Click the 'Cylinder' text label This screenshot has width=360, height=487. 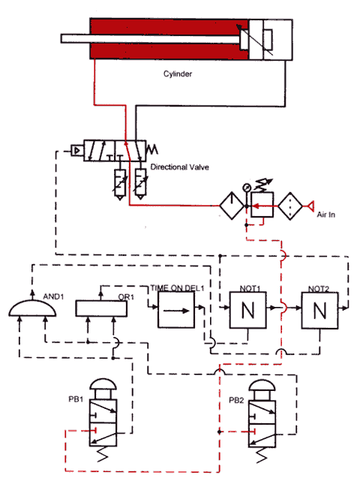click(x=178, y=74)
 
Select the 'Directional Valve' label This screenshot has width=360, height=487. click(x=180, y=166)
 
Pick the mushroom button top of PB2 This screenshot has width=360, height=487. click(x=268, y=389)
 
